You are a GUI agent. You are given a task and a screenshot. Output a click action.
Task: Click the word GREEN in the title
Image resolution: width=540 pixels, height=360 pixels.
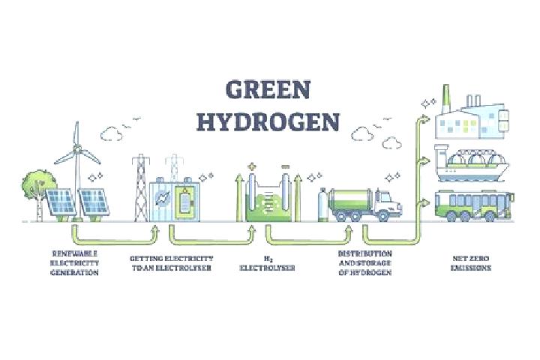coord(268,89)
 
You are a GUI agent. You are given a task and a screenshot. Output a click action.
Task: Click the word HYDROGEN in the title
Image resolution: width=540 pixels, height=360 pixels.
coord(268,121)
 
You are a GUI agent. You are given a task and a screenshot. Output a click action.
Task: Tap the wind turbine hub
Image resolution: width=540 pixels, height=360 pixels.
coord(77,148)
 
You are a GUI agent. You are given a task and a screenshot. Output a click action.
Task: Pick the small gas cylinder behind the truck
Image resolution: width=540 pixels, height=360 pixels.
coord(322,205)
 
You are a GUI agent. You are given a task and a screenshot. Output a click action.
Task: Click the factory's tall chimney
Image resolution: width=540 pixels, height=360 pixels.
coord(446,99)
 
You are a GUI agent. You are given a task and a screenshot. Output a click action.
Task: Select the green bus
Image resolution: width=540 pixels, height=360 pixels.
coord(474,205)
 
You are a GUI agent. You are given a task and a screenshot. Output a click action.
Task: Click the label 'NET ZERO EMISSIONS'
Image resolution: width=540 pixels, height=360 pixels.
coord(471,262)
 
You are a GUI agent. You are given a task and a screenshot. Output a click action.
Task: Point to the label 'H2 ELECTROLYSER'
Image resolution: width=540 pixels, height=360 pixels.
coord(267,263)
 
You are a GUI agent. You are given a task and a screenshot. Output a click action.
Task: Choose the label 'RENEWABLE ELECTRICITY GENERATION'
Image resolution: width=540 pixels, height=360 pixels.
coord(75,262)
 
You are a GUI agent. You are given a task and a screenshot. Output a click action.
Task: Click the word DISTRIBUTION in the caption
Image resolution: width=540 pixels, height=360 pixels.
coord(364,253)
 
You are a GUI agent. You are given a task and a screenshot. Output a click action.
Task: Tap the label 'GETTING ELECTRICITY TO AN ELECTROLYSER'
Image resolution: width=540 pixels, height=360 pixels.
coord(172,262)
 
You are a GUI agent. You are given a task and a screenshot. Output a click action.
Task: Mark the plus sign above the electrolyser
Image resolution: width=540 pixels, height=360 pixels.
coord(252,166)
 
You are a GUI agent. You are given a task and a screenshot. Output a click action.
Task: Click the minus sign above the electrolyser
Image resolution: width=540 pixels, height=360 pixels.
coord(286,166)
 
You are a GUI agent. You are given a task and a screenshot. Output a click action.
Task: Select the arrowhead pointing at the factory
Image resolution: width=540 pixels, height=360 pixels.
coord(426,119)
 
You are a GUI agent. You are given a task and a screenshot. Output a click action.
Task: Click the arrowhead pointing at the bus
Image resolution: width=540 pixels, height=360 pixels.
coord(426,202)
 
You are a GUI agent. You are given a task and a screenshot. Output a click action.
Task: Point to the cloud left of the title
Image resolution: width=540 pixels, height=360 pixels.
coord(112,133)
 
